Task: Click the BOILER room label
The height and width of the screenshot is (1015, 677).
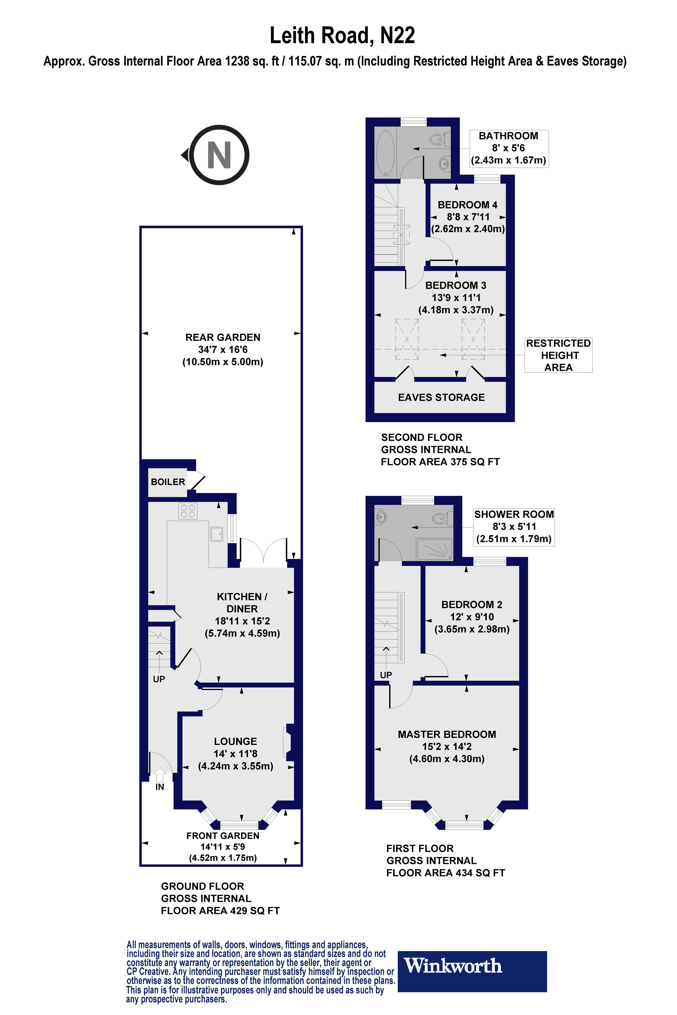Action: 168,482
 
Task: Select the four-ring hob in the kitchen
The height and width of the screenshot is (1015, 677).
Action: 188,511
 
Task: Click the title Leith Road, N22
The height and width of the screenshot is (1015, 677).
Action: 342,35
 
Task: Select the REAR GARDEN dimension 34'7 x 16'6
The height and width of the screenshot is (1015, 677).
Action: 223,350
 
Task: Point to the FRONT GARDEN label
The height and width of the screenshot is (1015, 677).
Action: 223,836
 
